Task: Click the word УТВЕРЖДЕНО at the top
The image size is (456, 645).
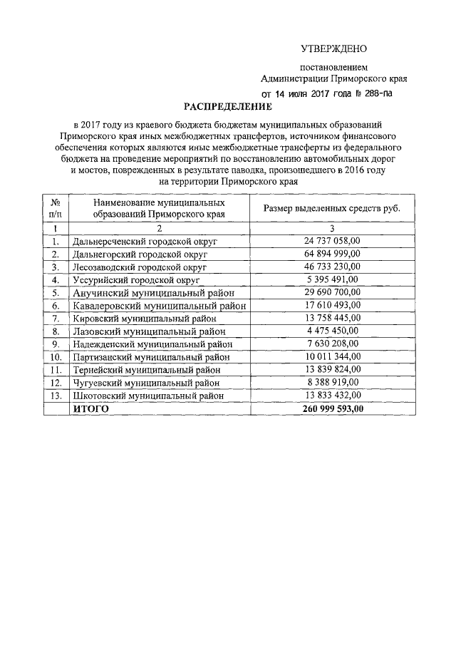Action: pyautogui.click(x=332, y=49)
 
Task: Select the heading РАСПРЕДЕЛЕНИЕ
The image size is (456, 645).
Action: pyautogui.click(x=228, y=108)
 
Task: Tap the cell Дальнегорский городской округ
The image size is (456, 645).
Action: pyautogui.click(x=140, y=254)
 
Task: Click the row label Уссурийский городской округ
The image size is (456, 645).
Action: pyautogui.click(x=137, y=279)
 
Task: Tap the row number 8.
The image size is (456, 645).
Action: pyautogui.click(x=56, y=331)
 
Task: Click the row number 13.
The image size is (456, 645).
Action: pyautogui.click(x=56, y=395)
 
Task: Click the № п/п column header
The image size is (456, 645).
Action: pyautogui.click(x=56, y=208)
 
